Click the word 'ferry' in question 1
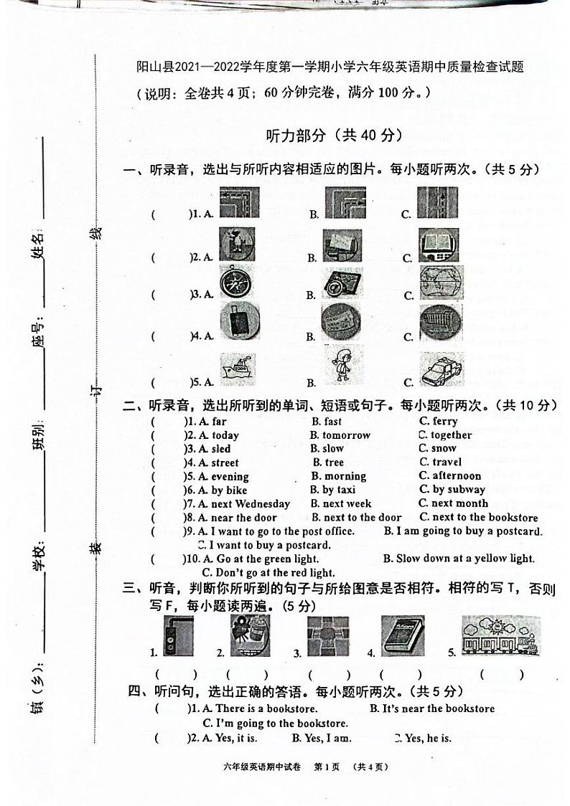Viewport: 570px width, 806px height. (x=445, y=422)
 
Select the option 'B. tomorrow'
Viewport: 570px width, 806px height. (x=340, y=435)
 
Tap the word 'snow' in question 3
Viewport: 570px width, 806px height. (x=444, y=448)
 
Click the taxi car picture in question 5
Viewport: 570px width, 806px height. (x=441, y=369)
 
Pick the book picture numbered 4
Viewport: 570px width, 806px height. (x=402, y=636)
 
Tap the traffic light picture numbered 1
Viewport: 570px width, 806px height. (x=177, y=636)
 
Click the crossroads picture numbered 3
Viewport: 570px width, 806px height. (x=327, y=636)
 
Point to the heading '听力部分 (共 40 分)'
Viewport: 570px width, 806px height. (x=334, y=135)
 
